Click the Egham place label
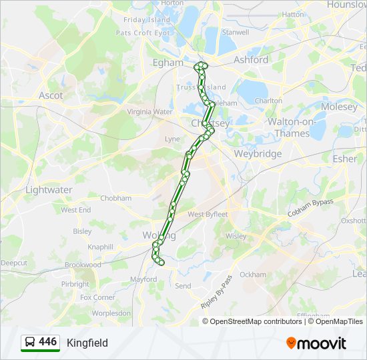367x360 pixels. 167,62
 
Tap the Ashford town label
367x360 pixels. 251,60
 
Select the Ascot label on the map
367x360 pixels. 51,95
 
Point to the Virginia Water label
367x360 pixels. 149,112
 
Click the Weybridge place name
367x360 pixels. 258,154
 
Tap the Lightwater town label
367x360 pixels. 49,190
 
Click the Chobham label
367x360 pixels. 115,198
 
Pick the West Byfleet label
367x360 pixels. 208,215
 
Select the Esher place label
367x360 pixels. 345,159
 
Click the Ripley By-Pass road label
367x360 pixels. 217,291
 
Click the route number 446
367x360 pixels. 48,342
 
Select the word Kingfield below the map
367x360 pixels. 87,343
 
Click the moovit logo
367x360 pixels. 316,343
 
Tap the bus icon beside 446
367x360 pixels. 30,343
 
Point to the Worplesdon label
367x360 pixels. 111,313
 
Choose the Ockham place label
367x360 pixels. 253,275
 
